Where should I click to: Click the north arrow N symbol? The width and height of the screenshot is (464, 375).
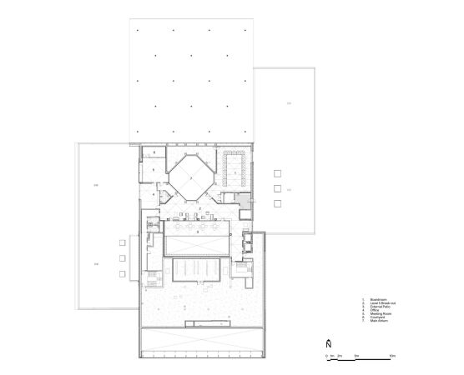[x=328, y=343]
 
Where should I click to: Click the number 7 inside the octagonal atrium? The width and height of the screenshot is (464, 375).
[x=190, y=177]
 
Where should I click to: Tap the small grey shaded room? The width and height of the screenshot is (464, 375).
[x=242, y=201]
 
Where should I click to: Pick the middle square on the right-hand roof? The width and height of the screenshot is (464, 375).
[x=276, y=189]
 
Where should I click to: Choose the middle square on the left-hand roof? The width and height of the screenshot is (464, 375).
[x=122, y=257]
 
